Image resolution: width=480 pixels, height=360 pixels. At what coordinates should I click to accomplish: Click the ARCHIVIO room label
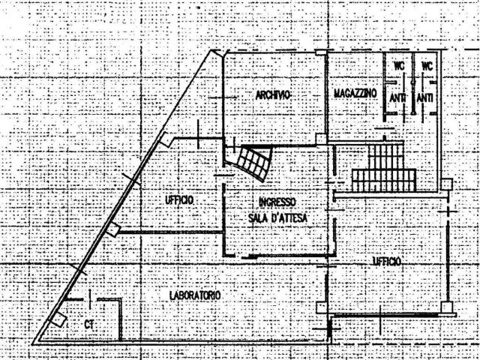pos(273,95)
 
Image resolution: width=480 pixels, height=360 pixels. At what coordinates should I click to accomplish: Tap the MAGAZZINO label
pos(355,93)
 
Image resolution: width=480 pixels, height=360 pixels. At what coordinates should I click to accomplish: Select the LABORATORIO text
pos(195,295)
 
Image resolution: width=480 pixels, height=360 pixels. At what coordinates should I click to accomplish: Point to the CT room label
pos(89,325)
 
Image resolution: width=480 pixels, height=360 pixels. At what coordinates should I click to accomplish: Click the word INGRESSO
pos(277,202)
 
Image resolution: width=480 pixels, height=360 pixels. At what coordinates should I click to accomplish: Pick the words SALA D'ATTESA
pos(277,218)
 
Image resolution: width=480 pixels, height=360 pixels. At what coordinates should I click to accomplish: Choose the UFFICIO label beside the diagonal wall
pos(179,200)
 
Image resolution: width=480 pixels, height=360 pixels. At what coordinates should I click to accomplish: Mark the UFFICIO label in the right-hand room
pos(387,261)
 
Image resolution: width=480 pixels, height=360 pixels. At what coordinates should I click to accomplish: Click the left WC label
pos(399,65)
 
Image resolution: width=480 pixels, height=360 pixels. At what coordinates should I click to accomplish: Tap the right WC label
pos(427,65)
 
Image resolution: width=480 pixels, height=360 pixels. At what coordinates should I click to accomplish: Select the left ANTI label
pos(397,98)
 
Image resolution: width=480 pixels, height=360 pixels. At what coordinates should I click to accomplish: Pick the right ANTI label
pos(425,98)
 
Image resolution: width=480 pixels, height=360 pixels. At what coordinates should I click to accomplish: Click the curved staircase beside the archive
pos(253,163)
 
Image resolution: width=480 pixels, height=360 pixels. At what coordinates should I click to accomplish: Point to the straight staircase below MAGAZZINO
pos(384,168)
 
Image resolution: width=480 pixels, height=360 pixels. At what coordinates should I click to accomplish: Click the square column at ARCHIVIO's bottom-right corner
pos(321,139)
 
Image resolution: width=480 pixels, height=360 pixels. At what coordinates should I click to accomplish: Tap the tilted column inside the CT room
pos(58,319)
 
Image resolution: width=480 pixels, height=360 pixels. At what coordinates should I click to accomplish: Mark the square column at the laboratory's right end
pos(322,307)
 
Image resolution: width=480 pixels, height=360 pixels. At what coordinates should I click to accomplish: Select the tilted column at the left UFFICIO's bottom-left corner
pos(112,229)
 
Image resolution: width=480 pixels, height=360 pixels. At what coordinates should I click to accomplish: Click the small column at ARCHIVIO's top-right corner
pos(321,52)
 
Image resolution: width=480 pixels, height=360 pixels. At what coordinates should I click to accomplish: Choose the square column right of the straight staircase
pos(446,184)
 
